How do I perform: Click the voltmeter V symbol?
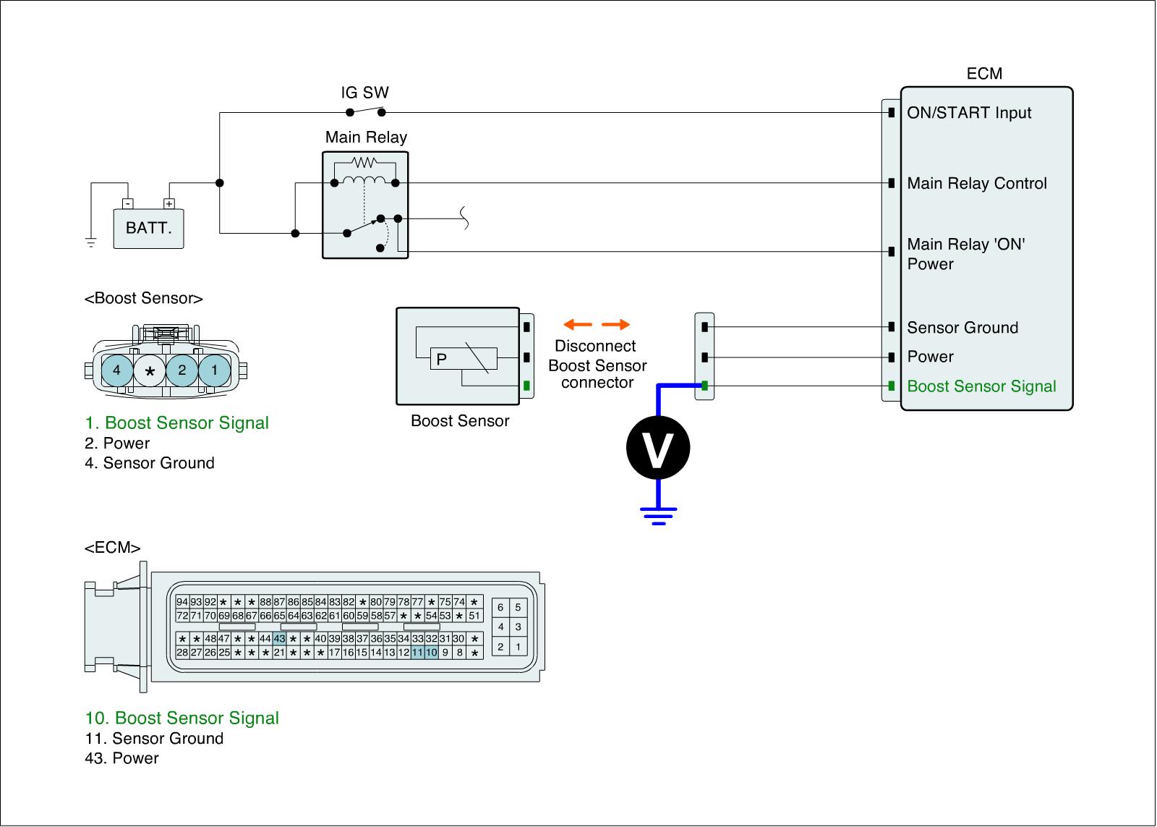click(657, 448)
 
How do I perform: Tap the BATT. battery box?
click(149, 229)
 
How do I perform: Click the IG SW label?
click(364, 93)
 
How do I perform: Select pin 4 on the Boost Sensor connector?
click(116, 370)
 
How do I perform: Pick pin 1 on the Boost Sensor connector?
click(214, 370)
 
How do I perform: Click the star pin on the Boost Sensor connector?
click(150, 371)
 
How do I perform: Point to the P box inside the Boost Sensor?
click(441, 359)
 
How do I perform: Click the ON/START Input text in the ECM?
click(969, 113)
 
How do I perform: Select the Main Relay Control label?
click(977, 184)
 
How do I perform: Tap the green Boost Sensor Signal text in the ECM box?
click(981, 386)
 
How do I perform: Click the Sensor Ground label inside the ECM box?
click(962, 328)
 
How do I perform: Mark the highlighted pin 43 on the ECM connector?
click(279, 639)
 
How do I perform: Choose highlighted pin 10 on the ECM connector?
click(432, 653)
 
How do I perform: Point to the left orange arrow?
click(578, 324)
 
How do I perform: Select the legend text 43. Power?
click(121, 758)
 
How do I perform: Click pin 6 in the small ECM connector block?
click(500, 608)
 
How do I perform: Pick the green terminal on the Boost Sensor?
click(526, 386)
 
